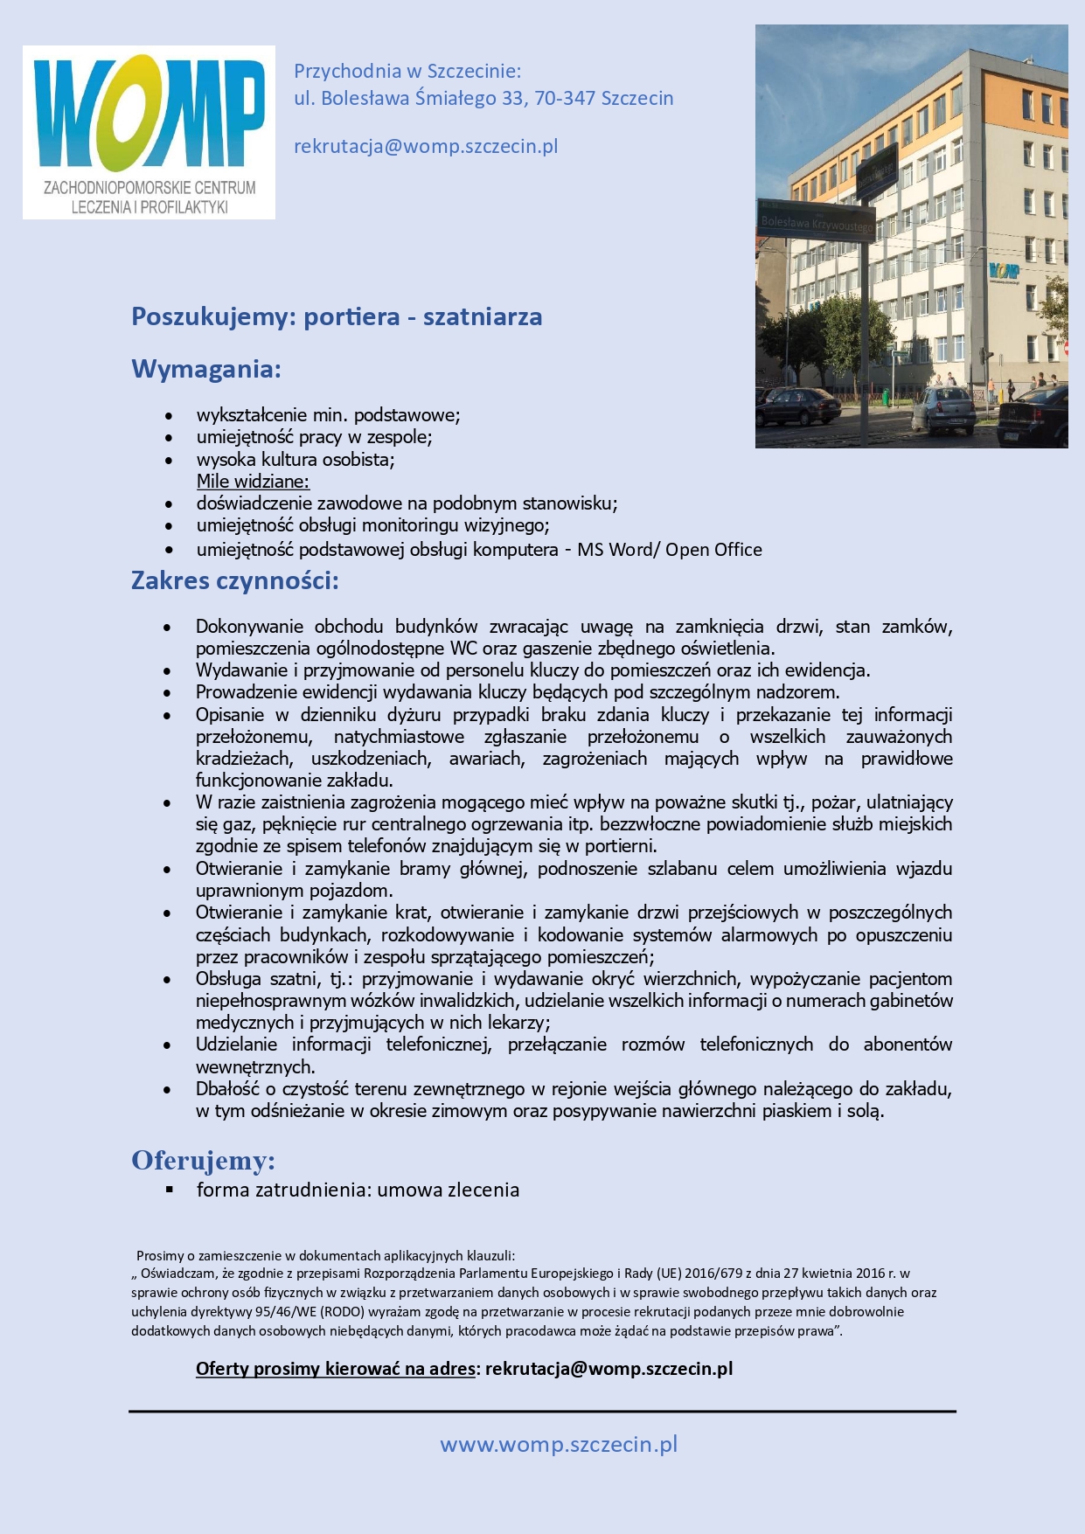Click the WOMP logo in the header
coord(149,131)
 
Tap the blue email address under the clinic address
coord(426,146)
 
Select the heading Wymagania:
coord(206,369)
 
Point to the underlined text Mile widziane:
coord(253,481)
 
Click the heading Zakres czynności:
coord(234,580)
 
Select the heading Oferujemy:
coord(203,1160)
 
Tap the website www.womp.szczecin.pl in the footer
coord(559,1444)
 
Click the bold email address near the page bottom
coord(609,1368)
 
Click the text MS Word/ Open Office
coord(670,550)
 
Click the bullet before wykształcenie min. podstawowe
coord(169,415)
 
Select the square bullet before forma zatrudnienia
coord(170,1190)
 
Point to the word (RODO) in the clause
coord(347,1312)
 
